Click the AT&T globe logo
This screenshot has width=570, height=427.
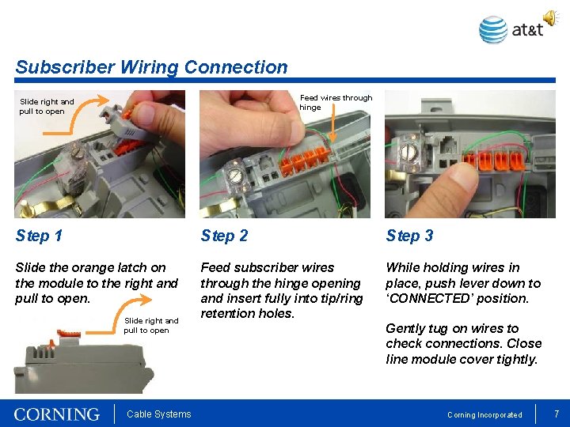click(493, 30)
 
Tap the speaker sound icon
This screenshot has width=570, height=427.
click(550, 17)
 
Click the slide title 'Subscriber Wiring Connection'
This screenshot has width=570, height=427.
click(151, 67)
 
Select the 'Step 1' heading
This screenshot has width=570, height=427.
click(39, 236)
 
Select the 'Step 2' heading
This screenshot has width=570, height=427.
click(224, 236)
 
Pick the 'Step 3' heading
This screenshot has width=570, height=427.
click(409, 236)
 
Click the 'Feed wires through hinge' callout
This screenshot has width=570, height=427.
click(335, 102)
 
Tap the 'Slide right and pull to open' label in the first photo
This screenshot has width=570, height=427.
click(47, 106)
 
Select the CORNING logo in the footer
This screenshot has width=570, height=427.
click(57, 414)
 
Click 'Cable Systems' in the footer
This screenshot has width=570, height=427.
click(158, 414)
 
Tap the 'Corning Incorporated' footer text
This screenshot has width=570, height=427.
click(484, 414)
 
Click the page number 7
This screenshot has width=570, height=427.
click(557, 414)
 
